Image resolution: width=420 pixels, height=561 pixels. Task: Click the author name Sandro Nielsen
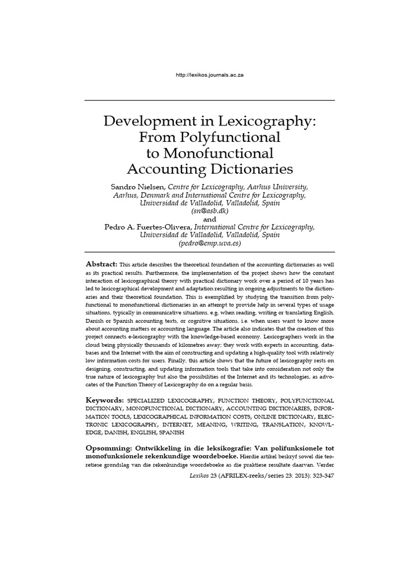tap(138, 187)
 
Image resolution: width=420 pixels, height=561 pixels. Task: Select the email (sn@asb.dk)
tap(210, 210)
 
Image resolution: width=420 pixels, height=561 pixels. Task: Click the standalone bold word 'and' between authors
tap(210, 219)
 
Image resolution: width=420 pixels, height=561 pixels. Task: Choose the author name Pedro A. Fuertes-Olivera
tap(148, 226)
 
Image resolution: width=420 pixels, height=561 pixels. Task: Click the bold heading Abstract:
tap(101, 264)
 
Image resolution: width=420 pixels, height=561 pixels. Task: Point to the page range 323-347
tap(318, 476)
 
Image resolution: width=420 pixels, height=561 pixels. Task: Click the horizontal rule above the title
tap(210, 101)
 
